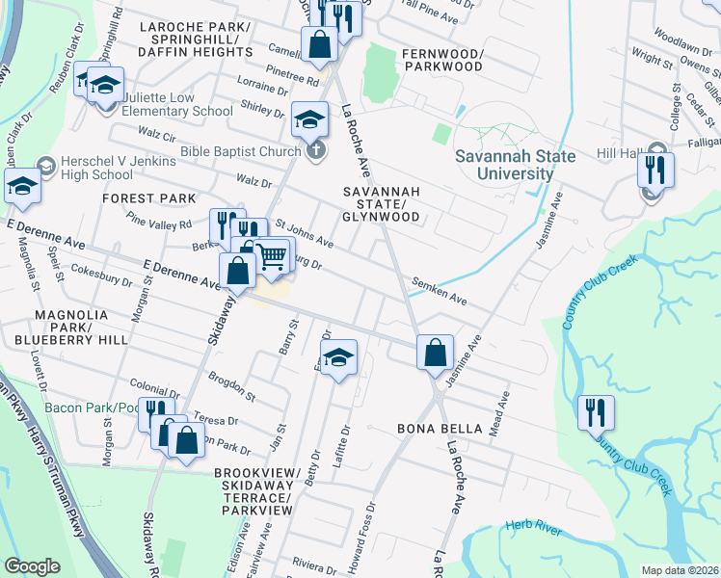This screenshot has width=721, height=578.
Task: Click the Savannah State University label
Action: (x=516, y=165)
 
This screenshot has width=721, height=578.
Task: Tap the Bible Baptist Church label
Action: (x=241, y=151)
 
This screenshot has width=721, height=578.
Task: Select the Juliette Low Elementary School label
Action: (x=171, y=104)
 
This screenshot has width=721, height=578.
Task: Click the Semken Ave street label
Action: (x=439, y=292)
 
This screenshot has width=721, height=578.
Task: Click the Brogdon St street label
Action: (x=231, y=388)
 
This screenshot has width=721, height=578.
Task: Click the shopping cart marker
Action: (x=273, y=254)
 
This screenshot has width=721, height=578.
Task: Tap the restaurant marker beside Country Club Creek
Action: (x=596, y=412)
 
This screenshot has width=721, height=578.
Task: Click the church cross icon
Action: (x=315, y=150)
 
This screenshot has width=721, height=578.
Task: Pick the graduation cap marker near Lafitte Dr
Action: (x=337, y=357)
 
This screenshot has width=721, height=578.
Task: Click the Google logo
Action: (x=32, y=566)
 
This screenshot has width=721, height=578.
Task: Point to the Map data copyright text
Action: (x=681, y=570)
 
